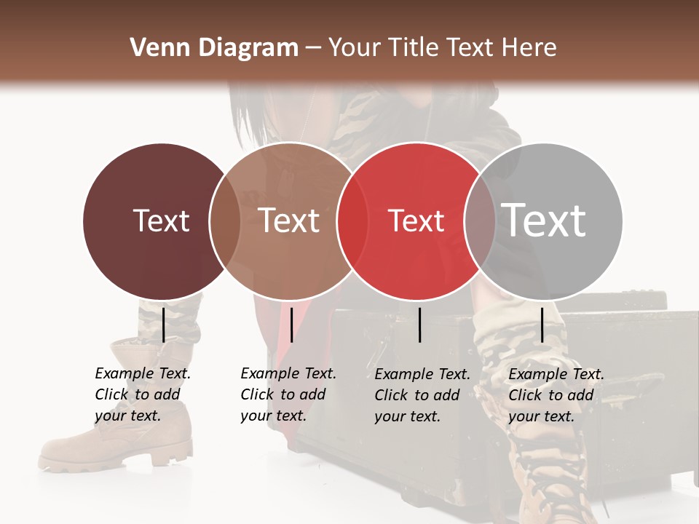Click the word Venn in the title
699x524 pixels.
pyautogui.click(x=154, y=48)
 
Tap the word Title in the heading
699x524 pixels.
pyautogui.click(x=412, y=48)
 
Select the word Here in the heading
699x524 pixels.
pyautogui.click(x=529, y=48)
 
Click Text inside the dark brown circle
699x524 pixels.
pyautogui.click(x=161, y=221)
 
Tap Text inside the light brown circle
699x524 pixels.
pyautogui.click(x=289, y=221)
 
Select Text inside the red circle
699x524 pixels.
pyautogui.click(x=416, y=221)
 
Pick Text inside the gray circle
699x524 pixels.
pyautogui.click(x=544, y=220)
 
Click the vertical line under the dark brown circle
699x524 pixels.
pyautogui.click(x=163, y=325)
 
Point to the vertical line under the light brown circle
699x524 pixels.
pyautogui.click(x=291, y=325)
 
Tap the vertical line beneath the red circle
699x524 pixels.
pyautogui.click(x=419, y=325)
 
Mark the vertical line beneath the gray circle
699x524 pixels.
pyautogui.click(x=542, y=325)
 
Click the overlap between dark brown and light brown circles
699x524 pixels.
pyautogui.click(x=225, y=221)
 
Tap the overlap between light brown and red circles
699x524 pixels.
pyautogui.click(x=352, y=221)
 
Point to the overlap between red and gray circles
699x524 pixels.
pyautogui.click(x=479, y=221)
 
